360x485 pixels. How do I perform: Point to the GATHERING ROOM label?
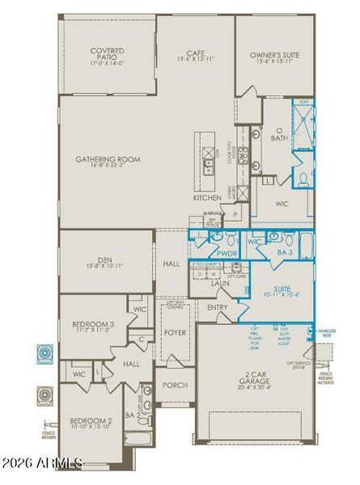click(x=108, y=160)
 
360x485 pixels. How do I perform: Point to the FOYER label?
click(x=176, y=332)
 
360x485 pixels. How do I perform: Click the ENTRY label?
click(x=217, y=307)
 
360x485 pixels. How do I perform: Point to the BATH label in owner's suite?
click(x=279, y=138)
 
